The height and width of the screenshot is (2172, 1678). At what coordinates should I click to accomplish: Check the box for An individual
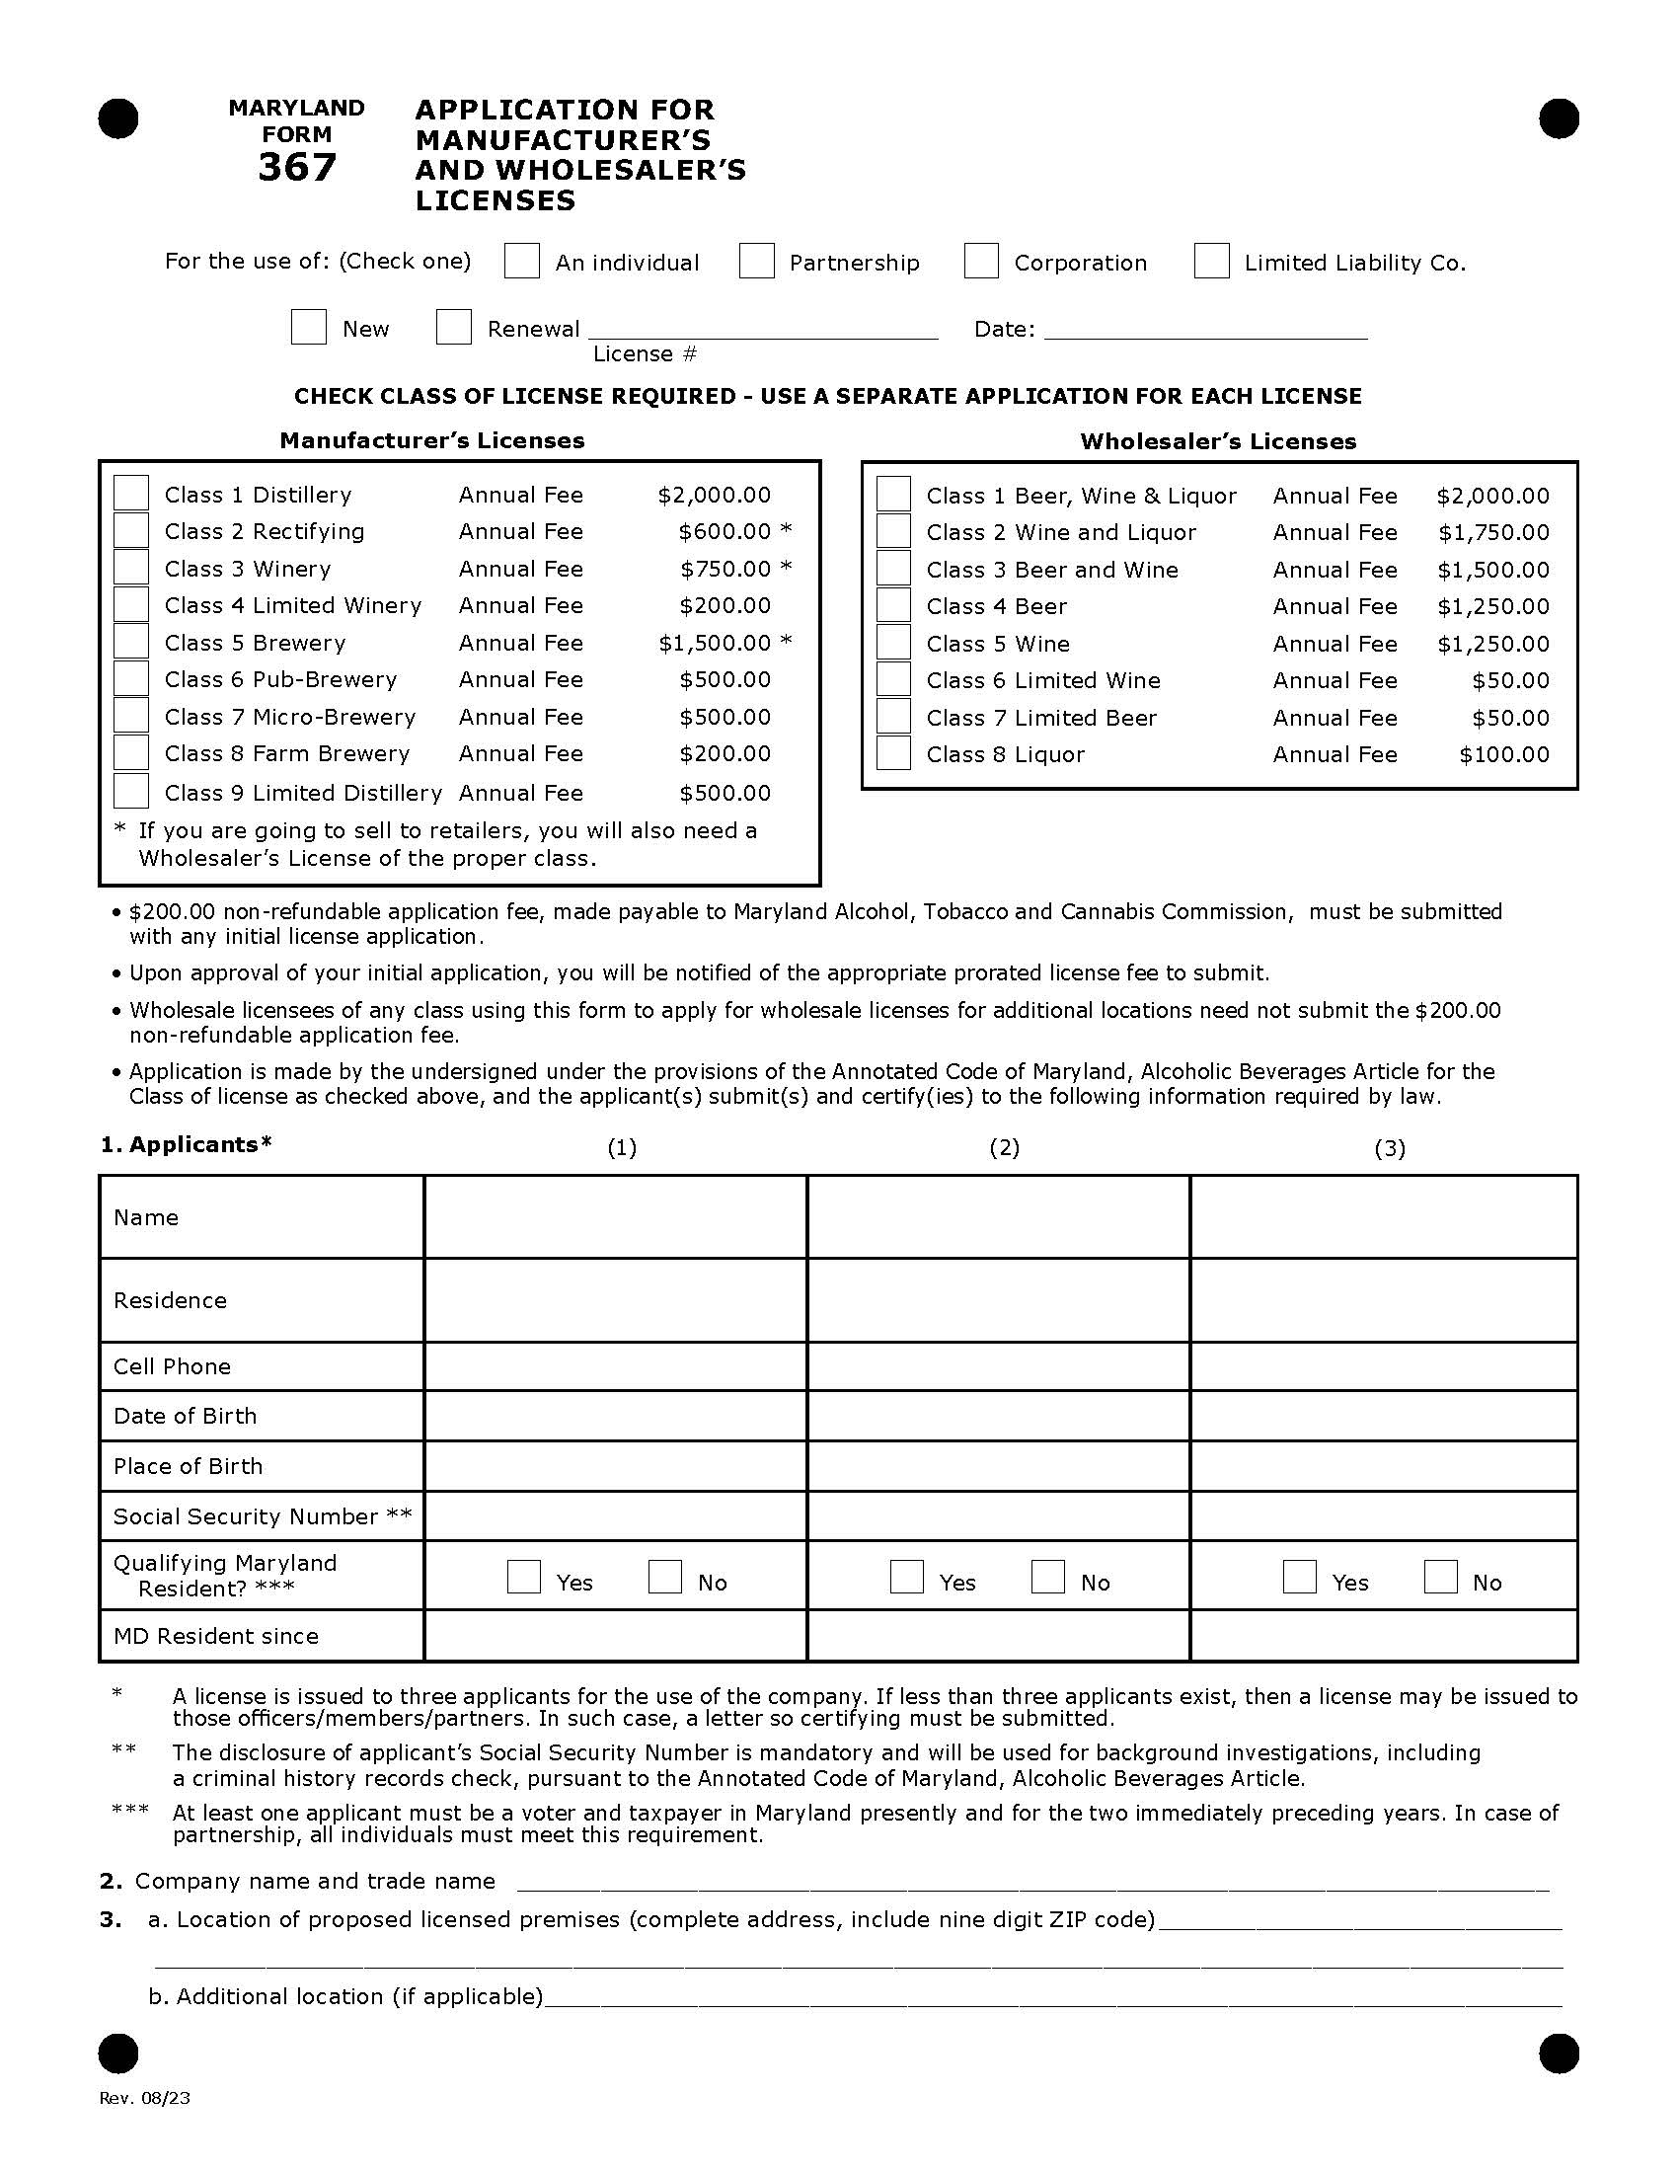[521, 262]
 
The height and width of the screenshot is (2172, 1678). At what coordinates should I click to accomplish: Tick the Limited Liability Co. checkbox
[1211, 262]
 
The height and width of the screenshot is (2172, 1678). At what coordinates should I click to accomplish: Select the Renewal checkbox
[453, 327]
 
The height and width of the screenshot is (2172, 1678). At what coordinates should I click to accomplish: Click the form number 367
[296, 167]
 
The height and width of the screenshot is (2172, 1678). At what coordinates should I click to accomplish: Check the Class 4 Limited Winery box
[131, 604]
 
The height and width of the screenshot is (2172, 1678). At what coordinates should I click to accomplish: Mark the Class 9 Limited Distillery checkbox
[131, 792]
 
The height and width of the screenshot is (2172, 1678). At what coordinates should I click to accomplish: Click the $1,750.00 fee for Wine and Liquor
[1493, 532]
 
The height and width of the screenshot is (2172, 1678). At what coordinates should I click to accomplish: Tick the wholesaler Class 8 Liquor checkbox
[892, 754]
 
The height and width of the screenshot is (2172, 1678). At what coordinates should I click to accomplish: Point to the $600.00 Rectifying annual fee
[724, 531]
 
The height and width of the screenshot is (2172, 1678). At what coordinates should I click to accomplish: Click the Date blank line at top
[1205, 328]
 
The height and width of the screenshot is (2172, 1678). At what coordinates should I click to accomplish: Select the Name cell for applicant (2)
[998, 1217]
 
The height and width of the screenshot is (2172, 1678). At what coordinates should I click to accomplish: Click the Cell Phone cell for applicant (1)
[614, 1366]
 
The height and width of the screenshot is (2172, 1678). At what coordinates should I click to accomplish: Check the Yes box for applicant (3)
[1299, 1578]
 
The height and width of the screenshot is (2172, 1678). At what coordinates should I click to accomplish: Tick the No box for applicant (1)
[664, 1578]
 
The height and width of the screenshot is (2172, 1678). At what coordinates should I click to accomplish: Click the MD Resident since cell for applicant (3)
[1383, 1636]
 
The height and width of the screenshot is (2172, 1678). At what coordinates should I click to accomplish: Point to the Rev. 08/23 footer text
[145, 2098]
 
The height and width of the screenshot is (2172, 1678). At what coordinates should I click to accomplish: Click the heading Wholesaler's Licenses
[1218, 440]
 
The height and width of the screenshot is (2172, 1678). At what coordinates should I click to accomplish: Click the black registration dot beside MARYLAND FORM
[118, 119]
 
